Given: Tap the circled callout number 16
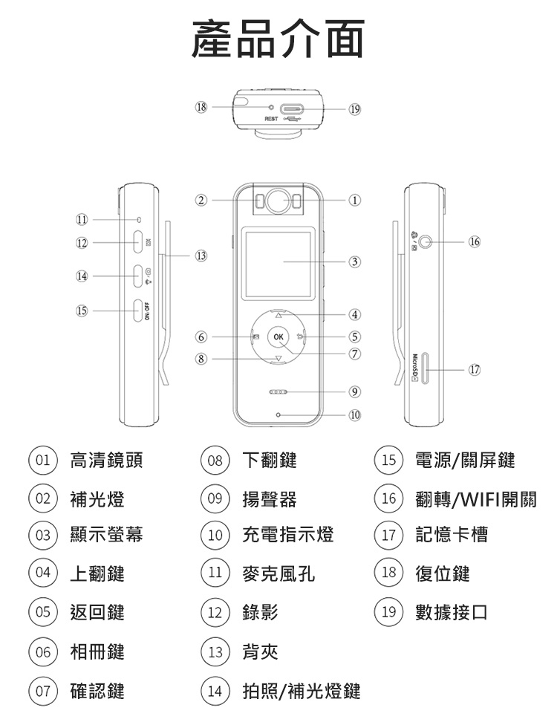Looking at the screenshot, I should click(x=475, y=241).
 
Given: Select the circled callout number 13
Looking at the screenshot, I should click(x=199, y=256).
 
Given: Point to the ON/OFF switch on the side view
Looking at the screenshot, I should click(x=138, y=310).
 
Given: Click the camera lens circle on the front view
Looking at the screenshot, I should click(x=278, y=201).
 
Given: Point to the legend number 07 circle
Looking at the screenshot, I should click(x=42, y=692).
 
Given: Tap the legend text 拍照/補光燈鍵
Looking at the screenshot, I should click(x=302, y=692).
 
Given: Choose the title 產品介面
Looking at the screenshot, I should click(x=278, y=39).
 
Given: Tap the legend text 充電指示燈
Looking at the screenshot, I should click(x=288, y=535).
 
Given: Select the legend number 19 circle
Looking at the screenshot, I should click(x=385, y=613).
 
